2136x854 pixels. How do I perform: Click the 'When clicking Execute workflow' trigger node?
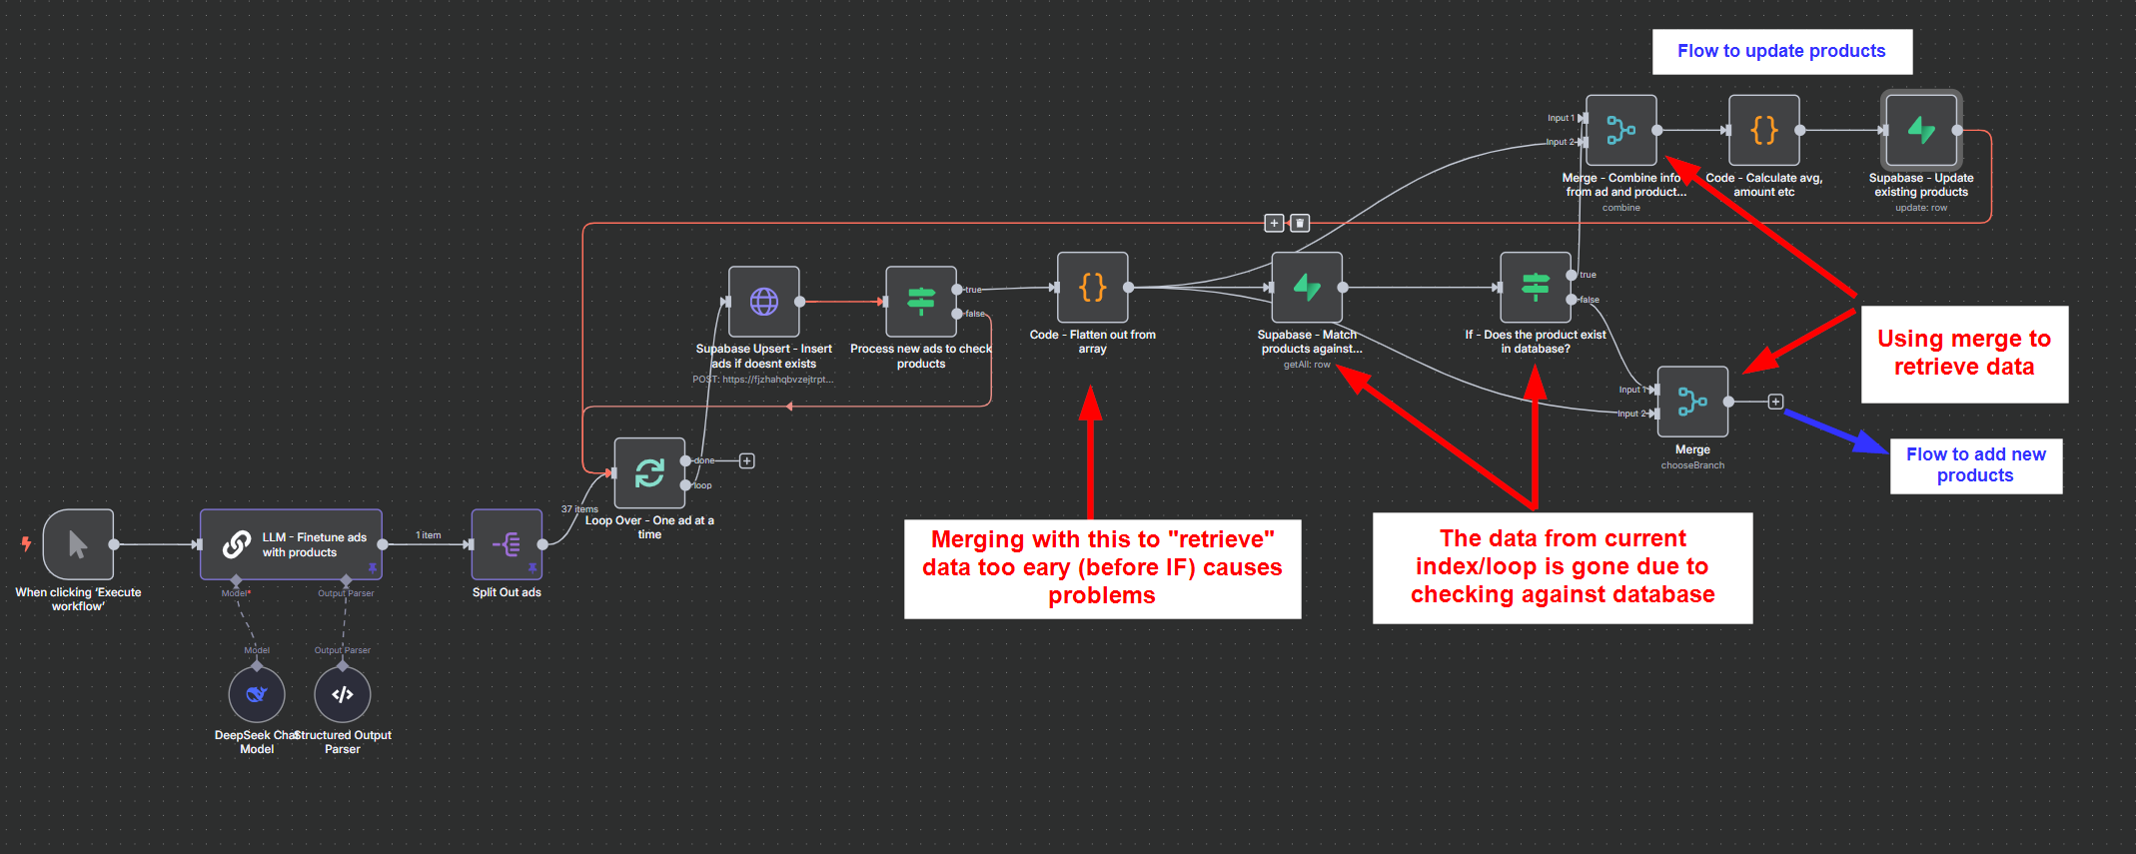(x=78, y=544)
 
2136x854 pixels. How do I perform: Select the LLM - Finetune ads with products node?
(x=291, y=544)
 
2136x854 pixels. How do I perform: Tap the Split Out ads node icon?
(x=507, y=544)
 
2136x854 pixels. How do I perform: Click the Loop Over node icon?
(x=649, y=472)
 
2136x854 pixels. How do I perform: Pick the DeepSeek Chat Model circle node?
(x=257, y=694)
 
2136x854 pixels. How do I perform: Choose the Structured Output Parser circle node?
(x=343, y=694)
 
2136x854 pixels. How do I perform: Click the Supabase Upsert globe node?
(x=764, y=301)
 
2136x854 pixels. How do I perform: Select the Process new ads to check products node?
(x=921, y=301)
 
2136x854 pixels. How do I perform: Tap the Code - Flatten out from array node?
(x=1093, y=288)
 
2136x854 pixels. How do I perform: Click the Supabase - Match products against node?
(x=1307, y=288)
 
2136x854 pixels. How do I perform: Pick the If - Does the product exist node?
(x=1536, y=288)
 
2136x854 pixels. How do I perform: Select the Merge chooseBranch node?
(x=1692, y=402)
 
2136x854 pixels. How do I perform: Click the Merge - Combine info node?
(x=1620, y=130)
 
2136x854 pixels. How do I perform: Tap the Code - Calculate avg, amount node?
(x=1764, y=130)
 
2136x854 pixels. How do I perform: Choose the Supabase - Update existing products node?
(x=1921, y=130)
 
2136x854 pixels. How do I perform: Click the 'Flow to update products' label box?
(x=1781, y=51)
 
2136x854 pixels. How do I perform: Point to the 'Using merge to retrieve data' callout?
(x=1964, y=354)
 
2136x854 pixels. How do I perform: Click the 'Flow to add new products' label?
(x=1975, y=465)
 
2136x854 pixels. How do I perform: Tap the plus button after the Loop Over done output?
(x=747, y=460)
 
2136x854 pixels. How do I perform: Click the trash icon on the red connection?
(x=1300, y=223)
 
